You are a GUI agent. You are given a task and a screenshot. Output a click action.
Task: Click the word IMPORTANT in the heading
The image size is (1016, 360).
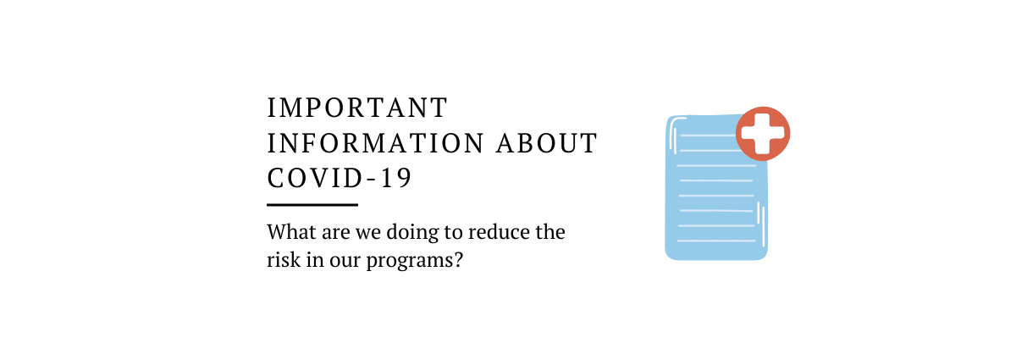coord(357,108)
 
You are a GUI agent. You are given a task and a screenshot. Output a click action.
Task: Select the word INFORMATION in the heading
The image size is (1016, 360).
coord(376,143)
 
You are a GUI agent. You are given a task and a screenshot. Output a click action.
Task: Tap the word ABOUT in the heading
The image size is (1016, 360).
coord(547,143)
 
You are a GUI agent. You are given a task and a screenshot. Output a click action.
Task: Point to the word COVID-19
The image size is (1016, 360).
coord(340,178)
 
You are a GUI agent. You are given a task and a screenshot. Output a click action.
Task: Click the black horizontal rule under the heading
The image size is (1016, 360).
coord(312,205)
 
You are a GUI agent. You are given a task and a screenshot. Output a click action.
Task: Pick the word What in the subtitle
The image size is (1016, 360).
coord(291,232)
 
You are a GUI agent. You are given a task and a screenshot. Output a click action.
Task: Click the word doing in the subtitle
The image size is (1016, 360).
coord(412,232)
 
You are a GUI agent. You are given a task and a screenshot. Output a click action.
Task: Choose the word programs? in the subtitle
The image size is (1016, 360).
coord(415,261)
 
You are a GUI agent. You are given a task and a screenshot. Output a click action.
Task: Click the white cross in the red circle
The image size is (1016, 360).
coord(763,134)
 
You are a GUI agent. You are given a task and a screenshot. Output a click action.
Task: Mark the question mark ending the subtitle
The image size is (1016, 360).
coord(458,260)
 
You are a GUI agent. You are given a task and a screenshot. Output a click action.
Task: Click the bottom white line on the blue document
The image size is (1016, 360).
coord(716,241)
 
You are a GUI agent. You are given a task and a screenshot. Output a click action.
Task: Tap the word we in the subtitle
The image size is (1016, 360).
coord(367,234)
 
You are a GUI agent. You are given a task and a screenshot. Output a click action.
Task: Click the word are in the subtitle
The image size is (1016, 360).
coord(335,234)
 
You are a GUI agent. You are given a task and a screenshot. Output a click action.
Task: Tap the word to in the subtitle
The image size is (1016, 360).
coord(453,233)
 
